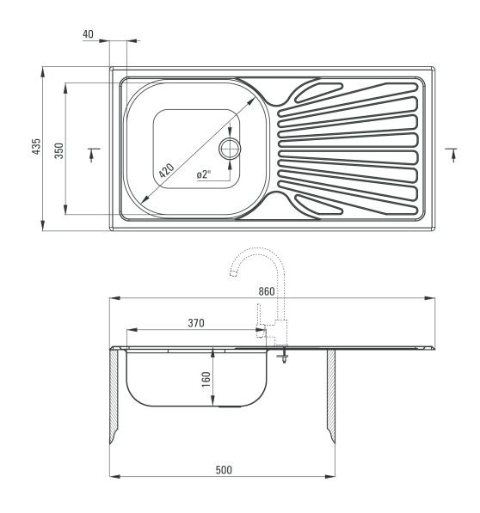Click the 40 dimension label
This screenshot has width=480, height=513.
(88, 34)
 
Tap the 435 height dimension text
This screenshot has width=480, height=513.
(36, 146)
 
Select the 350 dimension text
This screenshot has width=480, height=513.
(59, 150)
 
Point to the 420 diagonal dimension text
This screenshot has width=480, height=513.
(167, 170)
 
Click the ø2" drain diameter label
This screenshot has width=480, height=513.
(204, 174)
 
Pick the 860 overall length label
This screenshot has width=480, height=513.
(267, 291)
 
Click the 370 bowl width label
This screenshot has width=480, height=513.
(196, 323)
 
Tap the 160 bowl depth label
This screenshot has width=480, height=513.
(206, 379)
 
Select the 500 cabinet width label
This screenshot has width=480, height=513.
(224, 470)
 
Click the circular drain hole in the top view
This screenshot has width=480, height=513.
(230, 149)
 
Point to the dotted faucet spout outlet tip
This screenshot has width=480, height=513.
(233, 273)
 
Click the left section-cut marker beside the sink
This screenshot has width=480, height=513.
(93, 155)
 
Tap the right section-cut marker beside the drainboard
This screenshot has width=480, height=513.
(452, 155)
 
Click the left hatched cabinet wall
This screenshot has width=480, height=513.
(114, 394)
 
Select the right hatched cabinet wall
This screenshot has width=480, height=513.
(331, 394)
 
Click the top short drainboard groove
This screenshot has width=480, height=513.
(318, 92)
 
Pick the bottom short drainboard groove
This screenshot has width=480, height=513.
(318, 205)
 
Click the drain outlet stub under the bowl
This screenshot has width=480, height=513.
(230, 406)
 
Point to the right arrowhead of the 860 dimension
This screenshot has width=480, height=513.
(430, 298)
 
